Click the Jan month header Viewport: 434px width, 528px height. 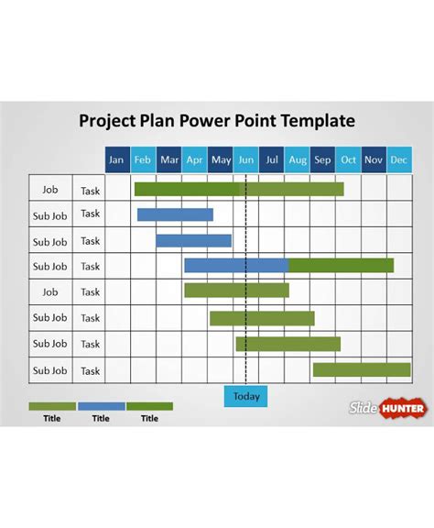pyautogui.click(x=116, y=159)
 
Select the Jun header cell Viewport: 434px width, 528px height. pyautogui.click(x=245, y=159)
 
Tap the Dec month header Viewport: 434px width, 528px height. pyautogui.click(x=399, y=159)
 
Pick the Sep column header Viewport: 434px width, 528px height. pyautogui.click(x=322, y=159)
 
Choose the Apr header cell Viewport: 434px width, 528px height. pyautogui.click(x=194, y=159)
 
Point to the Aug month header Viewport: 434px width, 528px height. pyautogui.click(x=297, y=159)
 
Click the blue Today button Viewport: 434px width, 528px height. pyautogui.click(x=246, y=396)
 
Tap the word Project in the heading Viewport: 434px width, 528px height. pyautogui.click(x=109, y=121)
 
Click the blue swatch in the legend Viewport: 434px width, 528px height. pyautogui.click(x=101, y=405)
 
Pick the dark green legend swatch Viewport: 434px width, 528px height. pyautogui.click(x=149, y=405)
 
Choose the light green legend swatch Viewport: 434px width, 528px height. pyautogui.click(x=52, y=405)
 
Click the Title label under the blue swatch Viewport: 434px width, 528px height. pyautogui.click(x=101, y=418)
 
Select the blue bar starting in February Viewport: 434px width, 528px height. pyautogui.click(x=175, y=214)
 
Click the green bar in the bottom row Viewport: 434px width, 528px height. pyautogui.click(x=362, y=369)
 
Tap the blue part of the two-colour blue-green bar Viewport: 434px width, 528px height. pyautogui.click(x=236, y=266)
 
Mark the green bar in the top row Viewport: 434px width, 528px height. pyautogui.click(x=239, y=189)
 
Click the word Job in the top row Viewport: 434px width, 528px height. pyautogui.click(x=49, y=190)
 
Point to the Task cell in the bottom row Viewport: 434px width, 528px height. pyautogui.click(x=90, y=370)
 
